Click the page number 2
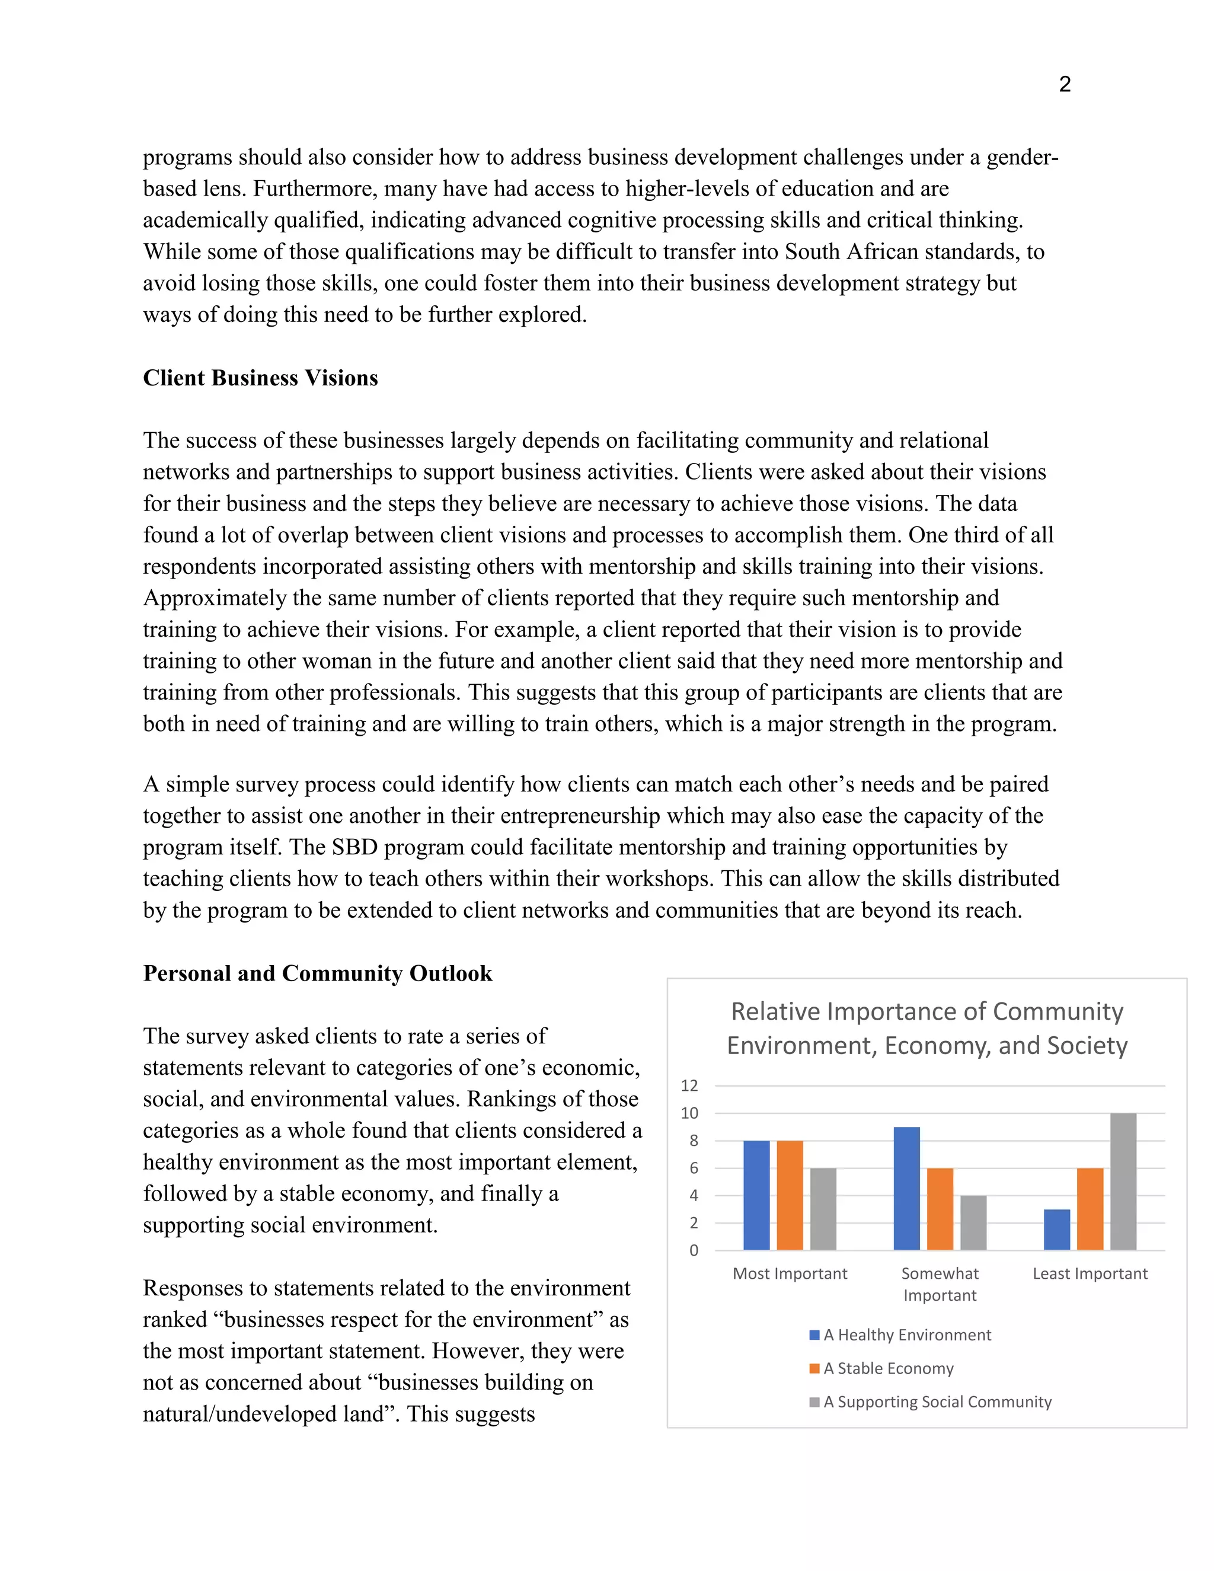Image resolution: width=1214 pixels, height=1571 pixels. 1065,85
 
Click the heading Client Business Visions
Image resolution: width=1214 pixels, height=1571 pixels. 260,378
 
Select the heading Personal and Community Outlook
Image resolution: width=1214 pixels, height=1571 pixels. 317,973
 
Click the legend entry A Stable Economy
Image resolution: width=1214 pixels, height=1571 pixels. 887,1368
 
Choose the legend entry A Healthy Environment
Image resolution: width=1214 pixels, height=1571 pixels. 906,1335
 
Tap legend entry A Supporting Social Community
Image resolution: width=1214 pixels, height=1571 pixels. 937,1401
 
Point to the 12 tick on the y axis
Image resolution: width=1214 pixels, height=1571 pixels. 689,1085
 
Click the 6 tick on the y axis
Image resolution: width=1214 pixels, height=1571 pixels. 694,1168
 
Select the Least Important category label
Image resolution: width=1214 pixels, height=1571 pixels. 1090,1274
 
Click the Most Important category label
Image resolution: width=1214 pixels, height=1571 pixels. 790,1274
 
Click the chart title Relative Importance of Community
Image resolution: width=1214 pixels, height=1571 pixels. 927,1011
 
